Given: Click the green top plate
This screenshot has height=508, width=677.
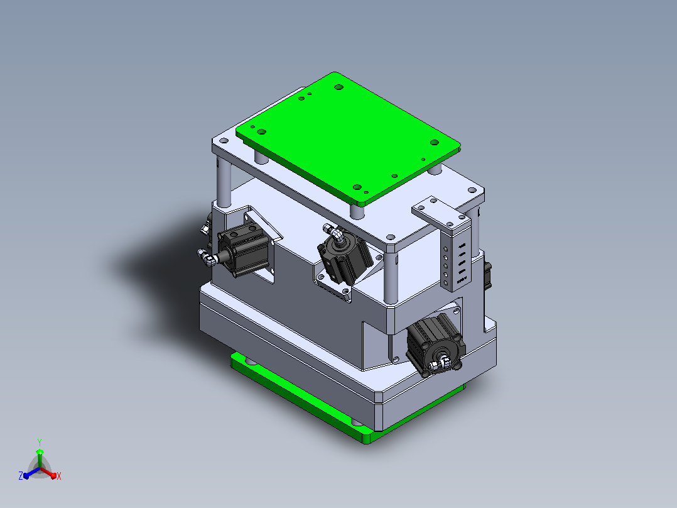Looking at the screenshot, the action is coord(348,138).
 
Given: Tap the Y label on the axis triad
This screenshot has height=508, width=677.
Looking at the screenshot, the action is coord(40,442).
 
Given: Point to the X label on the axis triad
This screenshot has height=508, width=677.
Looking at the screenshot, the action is coord(59,476).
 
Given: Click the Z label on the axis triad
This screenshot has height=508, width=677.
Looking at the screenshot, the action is coord(21,475).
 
